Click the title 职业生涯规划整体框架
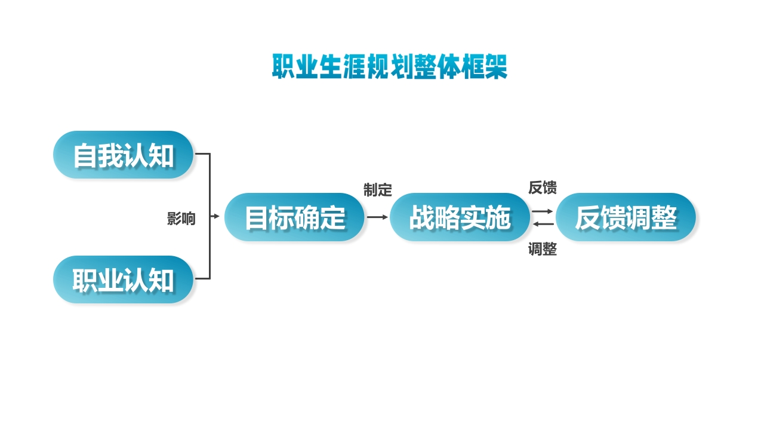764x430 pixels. (x=389, y=67)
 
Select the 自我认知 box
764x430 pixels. (x=124, y=155)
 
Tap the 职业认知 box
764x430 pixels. (x=124, y=279)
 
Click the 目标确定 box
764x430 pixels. (x=295, y=217)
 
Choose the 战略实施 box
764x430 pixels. (x=460, y=217)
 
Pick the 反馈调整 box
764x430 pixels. (x=626, y=217)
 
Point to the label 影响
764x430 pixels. (x=181, y=219)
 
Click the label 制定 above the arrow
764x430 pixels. (x=378, y=191)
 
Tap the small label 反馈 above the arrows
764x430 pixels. (x=543, y=188)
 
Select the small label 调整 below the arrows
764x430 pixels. (x=543, y=250)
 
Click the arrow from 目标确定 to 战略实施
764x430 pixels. (x=377, y=217)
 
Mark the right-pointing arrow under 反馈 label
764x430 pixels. (x=543, y=211)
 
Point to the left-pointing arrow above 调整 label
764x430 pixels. (x=543, y=224)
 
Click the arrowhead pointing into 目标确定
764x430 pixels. (x=217, y=217)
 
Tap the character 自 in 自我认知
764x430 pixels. (x=85, y=155)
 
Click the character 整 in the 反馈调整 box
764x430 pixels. (x=664, y=218)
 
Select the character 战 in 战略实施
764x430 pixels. (x=422, y=218)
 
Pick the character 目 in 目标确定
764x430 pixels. (x=257, y=218)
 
